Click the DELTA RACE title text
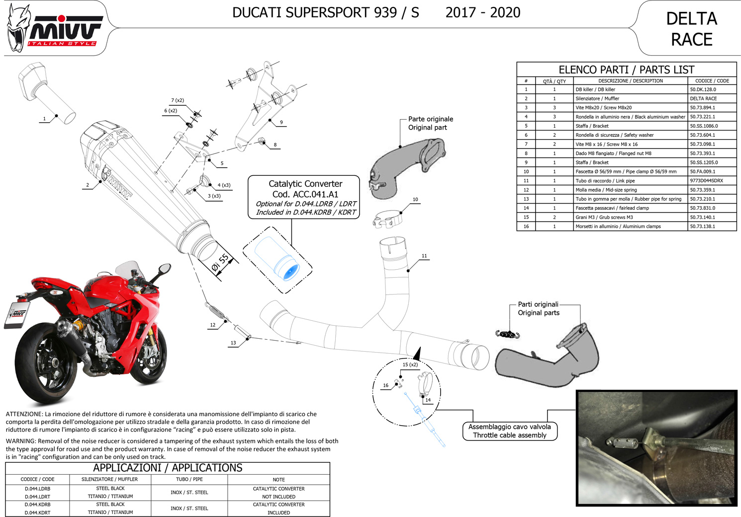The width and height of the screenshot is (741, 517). click(691, 29)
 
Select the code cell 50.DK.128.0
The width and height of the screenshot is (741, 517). click(703, 89)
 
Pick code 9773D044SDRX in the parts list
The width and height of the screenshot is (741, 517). click(706, 181)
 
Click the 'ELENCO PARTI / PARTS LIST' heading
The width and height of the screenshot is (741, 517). click(626, 70)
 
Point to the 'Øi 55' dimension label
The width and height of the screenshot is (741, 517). click(220, 263)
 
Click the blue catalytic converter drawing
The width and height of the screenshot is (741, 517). click(277, 259)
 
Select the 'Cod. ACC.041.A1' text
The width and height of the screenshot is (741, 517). click(305, 194)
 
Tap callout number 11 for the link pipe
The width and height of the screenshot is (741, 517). click(424, 256)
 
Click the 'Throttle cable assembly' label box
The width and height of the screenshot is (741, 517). click(510, 431)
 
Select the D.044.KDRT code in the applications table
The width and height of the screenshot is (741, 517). click(37, 513)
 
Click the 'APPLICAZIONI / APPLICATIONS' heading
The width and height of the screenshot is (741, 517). click(168, 468)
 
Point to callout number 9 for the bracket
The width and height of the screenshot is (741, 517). click(281, 122)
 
